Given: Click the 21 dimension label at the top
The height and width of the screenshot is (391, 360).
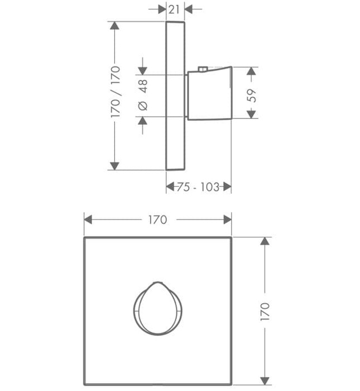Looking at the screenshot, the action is [x=174, y=9].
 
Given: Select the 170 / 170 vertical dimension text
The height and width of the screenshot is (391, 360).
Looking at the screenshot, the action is [x=116, y=92].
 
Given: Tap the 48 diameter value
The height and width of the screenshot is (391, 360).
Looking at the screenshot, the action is [x=143, y=86].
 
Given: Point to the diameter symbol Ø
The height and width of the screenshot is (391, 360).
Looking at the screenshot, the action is [x=143, y=106].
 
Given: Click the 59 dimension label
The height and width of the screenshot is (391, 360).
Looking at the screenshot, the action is [x=252, y=96].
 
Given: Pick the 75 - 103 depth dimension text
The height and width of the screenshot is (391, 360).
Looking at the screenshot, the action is [x=198, y=187].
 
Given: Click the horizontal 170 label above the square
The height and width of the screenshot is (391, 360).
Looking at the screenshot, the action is [x=158, y=220].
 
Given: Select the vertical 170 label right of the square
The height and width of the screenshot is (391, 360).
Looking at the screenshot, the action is [x=265, y=312].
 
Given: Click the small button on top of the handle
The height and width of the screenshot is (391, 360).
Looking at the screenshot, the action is [x=203, y=69].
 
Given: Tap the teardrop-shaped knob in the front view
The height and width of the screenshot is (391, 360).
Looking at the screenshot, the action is [x=157, y=308].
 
